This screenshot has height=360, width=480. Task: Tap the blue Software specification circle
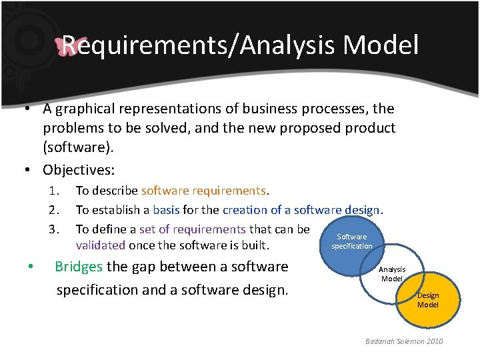(x=351, y=241)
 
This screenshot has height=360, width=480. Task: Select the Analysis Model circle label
(x=391, y=274)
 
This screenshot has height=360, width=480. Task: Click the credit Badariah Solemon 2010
(x=403, y=341)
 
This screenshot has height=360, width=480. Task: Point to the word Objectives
(x=78, y=169)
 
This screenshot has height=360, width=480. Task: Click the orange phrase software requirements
(x=203, y=191)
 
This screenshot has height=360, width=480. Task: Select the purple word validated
(x=101, y=245)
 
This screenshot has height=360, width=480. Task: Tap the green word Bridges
(x=79, y=267)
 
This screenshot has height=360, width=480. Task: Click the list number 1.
(x=53, y=191)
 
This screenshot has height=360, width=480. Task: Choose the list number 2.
(x=53, y=210)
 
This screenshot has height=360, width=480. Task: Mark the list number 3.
(x=53, y=229)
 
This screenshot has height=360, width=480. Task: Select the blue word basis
(x=166, y=210)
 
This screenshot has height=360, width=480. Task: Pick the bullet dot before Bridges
(x=31, y=267)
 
